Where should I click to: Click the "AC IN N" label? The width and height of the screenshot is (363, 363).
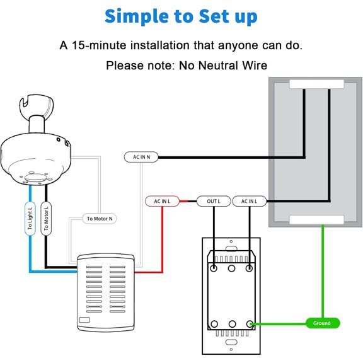pyautogui.click(x=141, y=157)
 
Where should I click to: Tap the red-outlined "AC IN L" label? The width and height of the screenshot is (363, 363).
pyautogui.click(x=162, y=201)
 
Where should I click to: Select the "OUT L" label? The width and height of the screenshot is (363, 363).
pyautogui.click(x=214, y=201)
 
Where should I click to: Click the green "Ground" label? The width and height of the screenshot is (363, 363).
pyautogui.click(x=323, y=323)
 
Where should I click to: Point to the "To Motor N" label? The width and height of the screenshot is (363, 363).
pyautogui.click(x=100, y=219)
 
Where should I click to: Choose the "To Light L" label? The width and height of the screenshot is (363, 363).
pyautogui.click(x=30, y=219)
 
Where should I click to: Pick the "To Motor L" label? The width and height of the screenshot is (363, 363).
pyautogui.click(x=46, y=219)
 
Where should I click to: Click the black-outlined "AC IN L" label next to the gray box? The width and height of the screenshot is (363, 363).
pyautogui.click(x=249, y=201)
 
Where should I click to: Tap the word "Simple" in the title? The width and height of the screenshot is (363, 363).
pyautogui.click(x=137, y=16)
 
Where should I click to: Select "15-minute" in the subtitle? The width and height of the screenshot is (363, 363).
pyautogui.click(x=100, y=45)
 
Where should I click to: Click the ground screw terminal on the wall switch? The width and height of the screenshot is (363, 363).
pyautogui.click(x=250, y=324)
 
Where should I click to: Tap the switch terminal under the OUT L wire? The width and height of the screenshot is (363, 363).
pyautogui.click(x=214, y=268)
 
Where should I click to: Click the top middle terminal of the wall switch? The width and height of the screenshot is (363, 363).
pyautogui.click(x=231, y=268)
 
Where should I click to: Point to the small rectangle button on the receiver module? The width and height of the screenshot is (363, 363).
pyautogui.click(x=84, y=320)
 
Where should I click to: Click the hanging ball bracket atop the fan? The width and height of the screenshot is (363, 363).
pyautogui.click(x=37, y=105)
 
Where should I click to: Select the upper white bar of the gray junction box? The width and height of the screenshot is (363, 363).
pyautogui.click(x=316, y=84)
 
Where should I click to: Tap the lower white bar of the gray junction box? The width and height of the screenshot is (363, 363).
pyautogui.click(x=316, y=220)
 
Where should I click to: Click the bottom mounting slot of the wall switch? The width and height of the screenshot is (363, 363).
pyautogui.click(x=231, y=342)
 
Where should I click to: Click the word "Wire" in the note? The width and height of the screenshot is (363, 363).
pyautogui.click(x=255, y=66)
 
